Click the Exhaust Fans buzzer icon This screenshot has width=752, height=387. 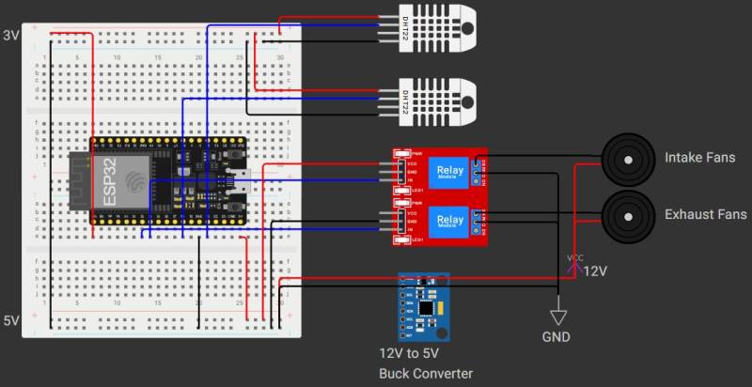[x=626, y=215]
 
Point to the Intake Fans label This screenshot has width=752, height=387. [x=699, y=157]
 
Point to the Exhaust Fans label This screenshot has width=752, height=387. [x=705, y=215]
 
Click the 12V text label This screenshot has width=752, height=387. [x=596, y=271]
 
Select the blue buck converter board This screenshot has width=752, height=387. [x=423, y=306]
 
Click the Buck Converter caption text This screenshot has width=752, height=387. [x=426, y=373]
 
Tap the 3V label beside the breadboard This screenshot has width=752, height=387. [x=11, y=36]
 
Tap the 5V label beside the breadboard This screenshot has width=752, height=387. [x=11, y=320]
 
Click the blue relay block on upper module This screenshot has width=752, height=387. [x=447, y=172]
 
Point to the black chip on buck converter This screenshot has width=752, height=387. [x=428, y=306]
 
